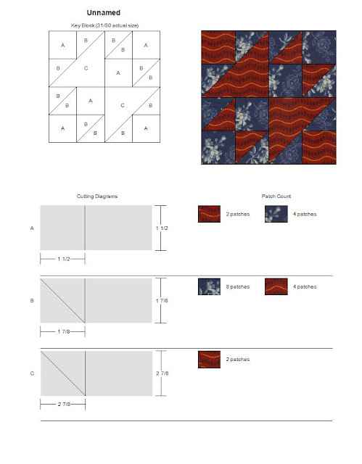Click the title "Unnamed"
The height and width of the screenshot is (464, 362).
103,13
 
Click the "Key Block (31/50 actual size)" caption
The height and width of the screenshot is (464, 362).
104,25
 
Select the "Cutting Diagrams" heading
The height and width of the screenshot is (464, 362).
97,196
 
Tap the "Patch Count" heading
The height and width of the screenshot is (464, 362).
276,196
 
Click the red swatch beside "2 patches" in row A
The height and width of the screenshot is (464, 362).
209,214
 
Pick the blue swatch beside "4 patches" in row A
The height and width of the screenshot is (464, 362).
276,214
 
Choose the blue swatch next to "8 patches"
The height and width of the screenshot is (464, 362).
209,287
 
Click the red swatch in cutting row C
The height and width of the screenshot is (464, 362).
209,360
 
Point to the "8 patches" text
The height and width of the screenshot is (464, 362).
238,287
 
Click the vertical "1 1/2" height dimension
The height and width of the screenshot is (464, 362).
162,228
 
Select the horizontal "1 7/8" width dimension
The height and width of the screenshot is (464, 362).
63,332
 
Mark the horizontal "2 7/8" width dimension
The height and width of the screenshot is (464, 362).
63,405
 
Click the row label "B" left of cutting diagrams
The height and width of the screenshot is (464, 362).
32,301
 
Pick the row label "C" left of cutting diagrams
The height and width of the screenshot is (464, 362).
32,373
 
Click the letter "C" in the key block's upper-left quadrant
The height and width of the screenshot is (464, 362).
86,68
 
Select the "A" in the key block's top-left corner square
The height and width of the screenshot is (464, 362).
62,45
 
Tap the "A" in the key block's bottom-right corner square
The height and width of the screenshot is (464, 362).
146,128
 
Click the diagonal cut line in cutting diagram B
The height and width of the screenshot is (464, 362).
62,301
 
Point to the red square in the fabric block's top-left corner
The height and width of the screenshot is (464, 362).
218,48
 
